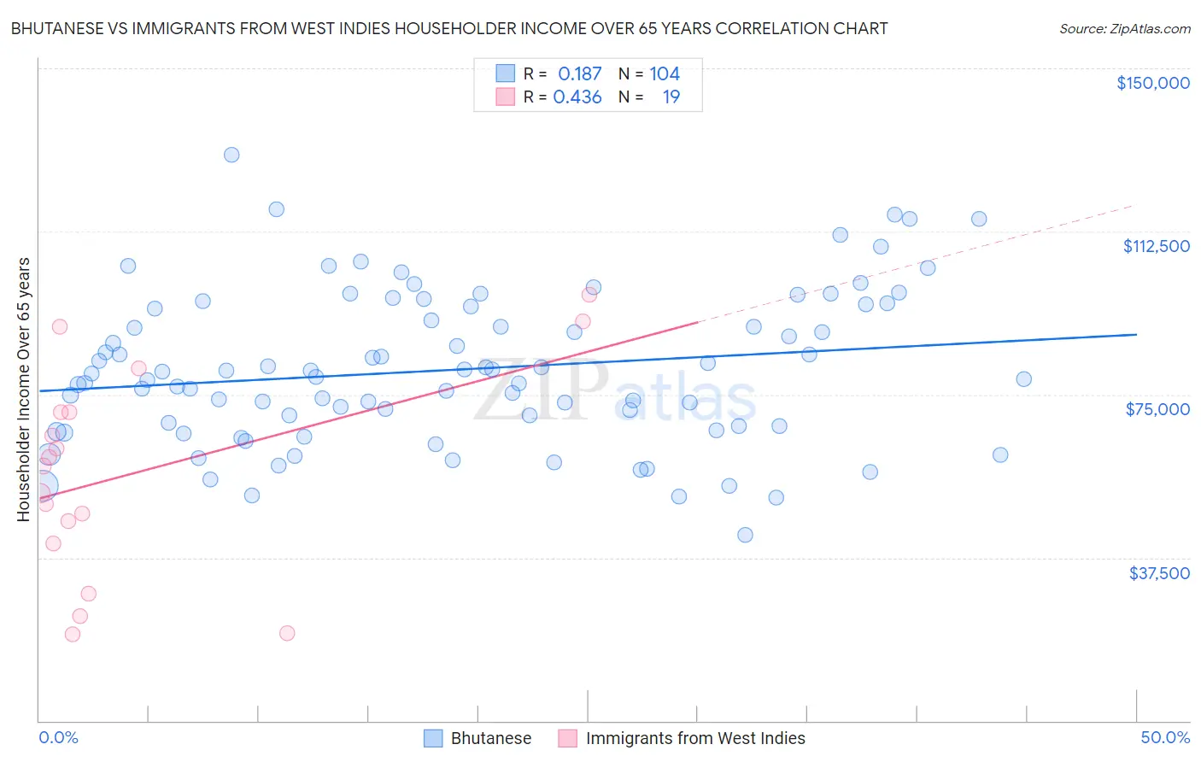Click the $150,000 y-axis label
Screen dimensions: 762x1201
(x=1152, y=83)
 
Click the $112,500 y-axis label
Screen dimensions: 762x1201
(x=1156, y=246)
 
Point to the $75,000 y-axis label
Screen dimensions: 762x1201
(x=1157, y=409)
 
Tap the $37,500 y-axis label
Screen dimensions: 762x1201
(x=1159, y=573)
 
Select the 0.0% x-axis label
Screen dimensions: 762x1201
(x=58, y=737)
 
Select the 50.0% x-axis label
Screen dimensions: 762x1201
(x=1165, y=737)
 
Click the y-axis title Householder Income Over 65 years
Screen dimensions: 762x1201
(x=23, y=390)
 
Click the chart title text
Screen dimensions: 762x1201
(x=449, y=28)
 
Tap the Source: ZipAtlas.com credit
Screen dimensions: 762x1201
(x=1124, y=28)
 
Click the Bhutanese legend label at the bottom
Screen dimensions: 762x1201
(x=490, y=738)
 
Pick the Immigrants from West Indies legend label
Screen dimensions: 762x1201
(x=695, y=738)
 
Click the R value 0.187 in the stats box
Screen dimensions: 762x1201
(x=580, y=74)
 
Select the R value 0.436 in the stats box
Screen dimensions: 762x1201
(x=577, y=97)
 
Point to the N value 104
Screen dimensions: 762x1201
(x=665, y=74)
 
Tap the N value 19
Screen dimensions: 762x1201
(x=671, y=97)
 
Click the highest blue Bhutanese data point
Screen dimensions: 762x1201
(x=231, y=155)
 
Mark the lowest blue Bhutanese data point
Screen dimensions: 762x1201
(x=745, y=535)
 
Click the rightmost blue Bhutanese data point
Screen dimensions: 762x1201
(x=1023, y=379)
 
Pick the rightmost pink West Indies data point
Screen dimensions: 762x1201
(x=589, y=295)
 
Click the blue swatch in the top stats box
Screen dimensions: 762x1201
(x=506, y=73)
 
